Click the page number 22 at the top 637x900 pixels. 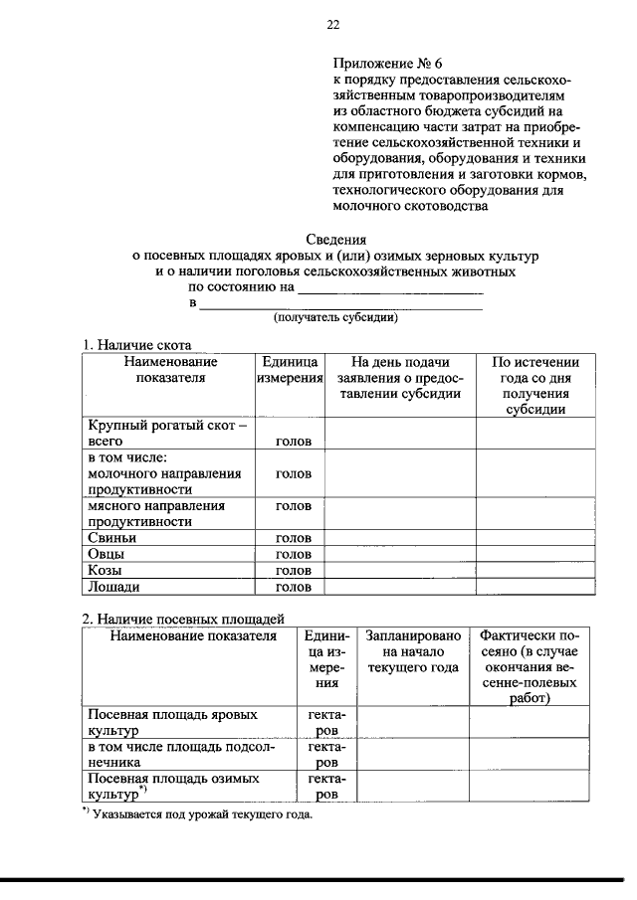click(x=333, y=25)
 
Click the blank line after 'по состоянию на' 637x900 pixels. click(x=390, y=289)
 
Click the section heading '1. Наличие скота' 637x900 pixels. click(x=136, y=344)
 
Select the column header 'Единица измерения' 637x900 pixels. click(x=290, y=370)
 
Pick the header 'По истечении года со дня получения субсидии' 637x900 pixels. click(x=535, y=386)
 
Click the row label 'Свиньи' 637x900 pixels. click(x=111, y=537)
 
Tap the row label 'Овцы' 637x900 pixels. click(x=107, y=554)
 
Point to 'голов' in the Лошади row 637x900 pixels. click(x=294, y=588)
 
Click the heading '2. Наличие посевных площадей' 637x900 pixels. click(x=183, y=620)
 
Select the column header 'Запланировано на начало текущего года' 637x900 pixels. click(x=413, y=651)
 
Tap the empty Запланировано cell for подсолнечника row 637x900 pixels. click(x=413, y=754)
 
